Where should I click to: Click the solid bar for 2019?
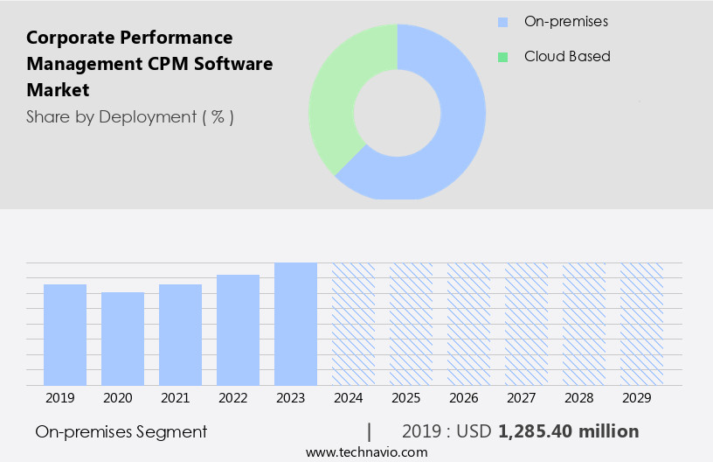click(65, 334)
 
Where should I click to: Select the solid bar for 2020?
click(122, 339)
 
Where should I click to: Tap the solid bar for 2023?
click(295, 324)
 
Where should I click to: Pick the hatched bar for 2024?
click(353, 324)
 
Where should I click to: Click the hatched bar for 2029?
click(641, 324)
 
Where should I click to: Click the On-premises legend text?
click(565, 21)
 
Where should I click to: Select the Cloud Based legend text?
click(567, 56)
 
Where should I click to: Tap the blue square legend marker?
click(502, 21)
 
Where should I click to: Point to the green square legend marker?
click(502, 57)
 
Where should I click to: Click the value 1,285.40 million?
click(568, 431)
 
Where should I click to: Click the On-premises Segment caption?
click(121, 431)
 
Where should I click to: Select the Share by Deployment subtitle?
click(129, 116)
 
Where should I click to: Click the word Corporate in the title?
click(69, 38)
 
